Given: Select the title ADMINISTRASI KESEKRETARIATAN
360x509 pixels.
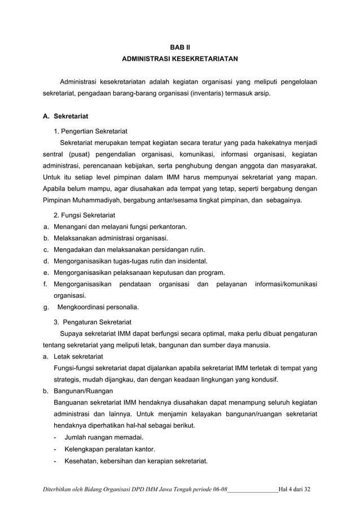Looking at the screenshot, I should tap(180, 58).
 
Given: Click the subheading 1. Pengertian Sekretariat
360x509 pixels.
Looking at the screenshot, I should tap(90, 131).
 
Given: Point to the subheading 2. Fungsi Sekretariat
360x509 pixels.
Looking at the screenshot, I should tap(84, 216).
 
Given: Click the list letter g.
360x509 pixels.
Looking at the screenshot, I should tap(46, 308).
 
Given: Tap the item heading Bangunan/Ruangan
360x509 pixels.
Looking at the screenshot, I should tap(83, 391).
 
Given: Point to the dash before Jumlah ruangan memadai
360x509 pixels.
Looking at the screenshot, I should tap(55, 437).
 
